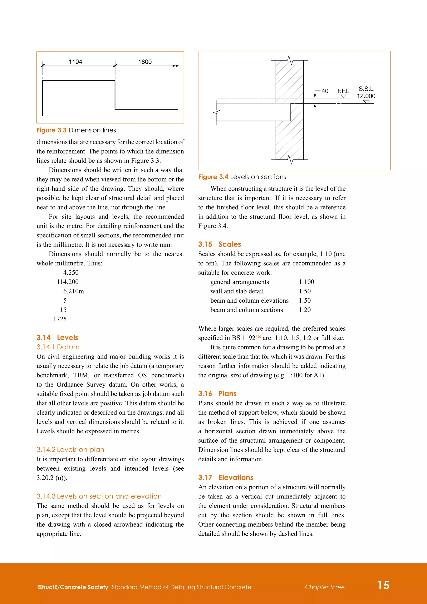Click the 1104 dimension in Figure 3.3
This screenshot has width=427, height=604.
75,62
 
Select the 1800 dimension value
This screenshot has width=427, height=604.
145,62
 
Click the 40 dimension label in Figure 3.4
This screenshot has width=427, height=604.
325,91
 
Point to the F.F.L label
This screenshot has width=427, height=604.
343,91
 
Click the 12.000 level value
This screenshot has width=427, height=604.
366,96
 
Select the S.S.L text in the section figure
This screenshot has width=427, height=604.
366,89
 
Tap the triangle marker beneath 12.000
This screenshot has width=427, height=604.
366,102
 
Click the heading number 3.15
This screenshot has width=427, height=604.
205,244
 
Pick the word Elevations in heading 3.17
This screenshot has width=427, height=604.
236,477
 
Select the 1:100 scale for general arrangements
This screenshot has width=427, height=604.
306,282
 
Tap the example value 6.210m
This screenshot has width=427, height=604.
73,291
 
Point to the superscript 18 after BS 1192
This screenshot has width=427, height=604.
258,336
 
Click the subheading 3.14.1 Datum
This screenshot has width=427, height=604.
58,347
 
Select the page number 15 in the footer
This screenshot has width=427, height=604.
383,585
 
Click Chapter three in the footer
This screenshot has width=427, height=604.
325,587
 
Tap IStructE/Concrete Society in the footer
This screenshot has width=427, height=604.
73,587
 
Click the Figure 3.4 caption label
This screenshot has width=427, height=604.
213,177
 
